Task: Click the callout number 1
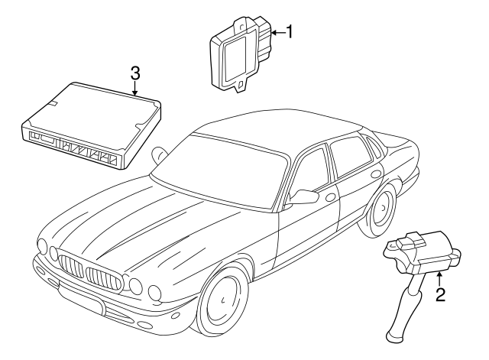290,32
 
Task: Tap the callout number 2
440,295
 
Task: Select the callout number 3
135,73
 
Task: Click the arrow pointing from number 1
278,32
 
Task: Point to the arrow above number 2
439,278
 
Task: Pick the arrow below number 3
134,89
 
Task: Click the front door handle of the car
330,197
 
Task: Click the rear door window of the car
349,157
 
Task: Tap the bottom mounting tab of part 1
240,85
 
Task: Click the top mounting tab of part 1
241,24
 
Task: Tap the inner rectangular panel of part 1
235,60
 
